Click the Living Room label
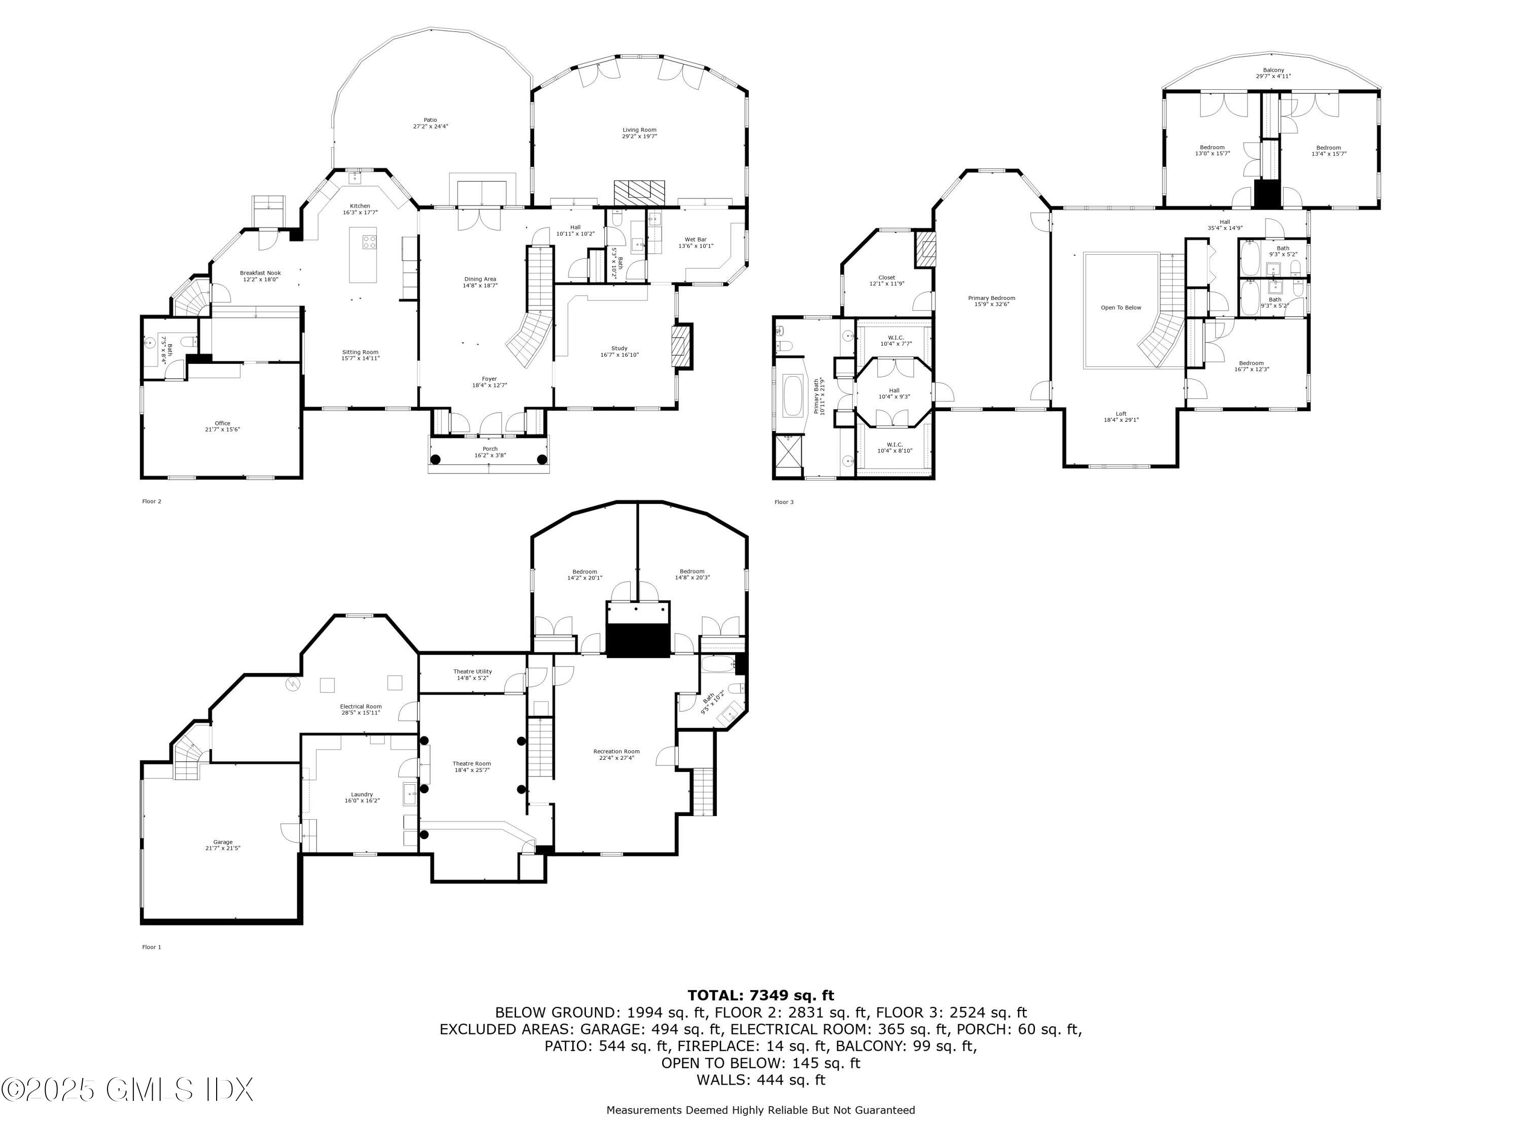point(639,130)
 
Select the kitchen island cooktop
point(369,242)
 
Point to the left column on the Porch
point(435,459)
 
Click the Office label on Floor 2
point(222,423)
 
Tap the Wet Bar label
point(696,240)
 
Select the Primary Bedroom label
point(991,298)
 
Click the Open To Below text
point(1121,308)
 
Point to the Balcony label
point(1273,70)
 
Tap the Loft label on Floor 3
point(1121,414)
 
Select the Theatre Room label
point(471,763)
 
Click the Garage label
point(222,842)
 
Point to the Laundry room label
point(362,794)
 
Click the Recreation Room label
point(616,752)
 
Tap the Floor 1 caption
point(151,947)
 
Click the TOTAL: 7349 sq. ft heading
point(760,995)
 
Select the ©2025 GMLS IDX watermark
point(127,1090)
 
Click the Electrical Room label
point(361,707)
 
